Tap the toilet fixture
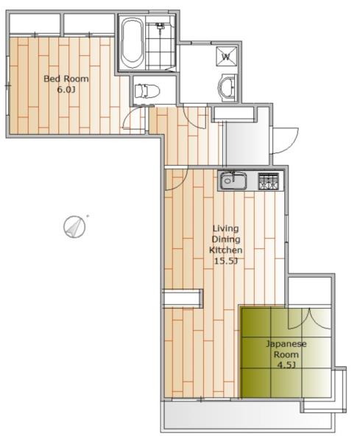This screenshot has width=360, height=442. pyautogui.click(x=147, y=91)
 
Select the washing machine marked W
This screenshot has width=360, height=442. pyautogui.click(x=226, y=56)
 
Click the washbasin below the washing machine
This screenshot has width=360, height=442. pyautogui.click(x=227, y=87)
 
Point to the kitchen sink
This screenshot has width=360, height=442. pyautogui.click(x=233, y=180)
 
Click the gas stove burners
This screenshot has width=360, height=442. pyautogui.click(x=269, y=181)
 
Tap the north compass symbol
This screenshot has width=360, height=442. pyautogui.click(x=74, y=227)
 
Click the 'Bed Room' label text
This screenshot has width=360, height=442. pyautogui.click(x=66, y=79)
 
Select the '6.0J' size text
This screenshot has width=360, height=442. pyautogui.click(x=66, y=90)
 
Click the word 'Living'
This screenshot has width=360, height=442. pyautogui.click(x=225, y=228)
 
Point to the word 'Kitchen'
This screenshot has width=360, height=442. pyautogui.click(x=225, y=250)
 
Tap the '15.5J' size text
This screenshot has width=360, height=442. pyautogui.click(x=226, y=261)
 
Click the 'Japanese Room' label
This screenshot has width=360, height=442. pyautogui.click(x=286, y=349)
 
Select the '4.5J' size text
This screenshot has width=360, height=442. pyautogui.click(x=286, y=365)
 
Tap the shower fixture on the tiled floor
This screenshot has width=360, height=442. pyautogui.click(x=160, y=28)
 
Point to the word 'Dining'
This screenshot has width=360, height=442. pyautogui.click(x=226, y=239)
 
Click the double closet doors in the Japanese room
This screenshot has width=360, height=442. pyautogui.click(x=309, y=318)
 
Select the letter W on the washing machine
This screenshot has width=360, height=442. pyautogui.click(x=226, y=57)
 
